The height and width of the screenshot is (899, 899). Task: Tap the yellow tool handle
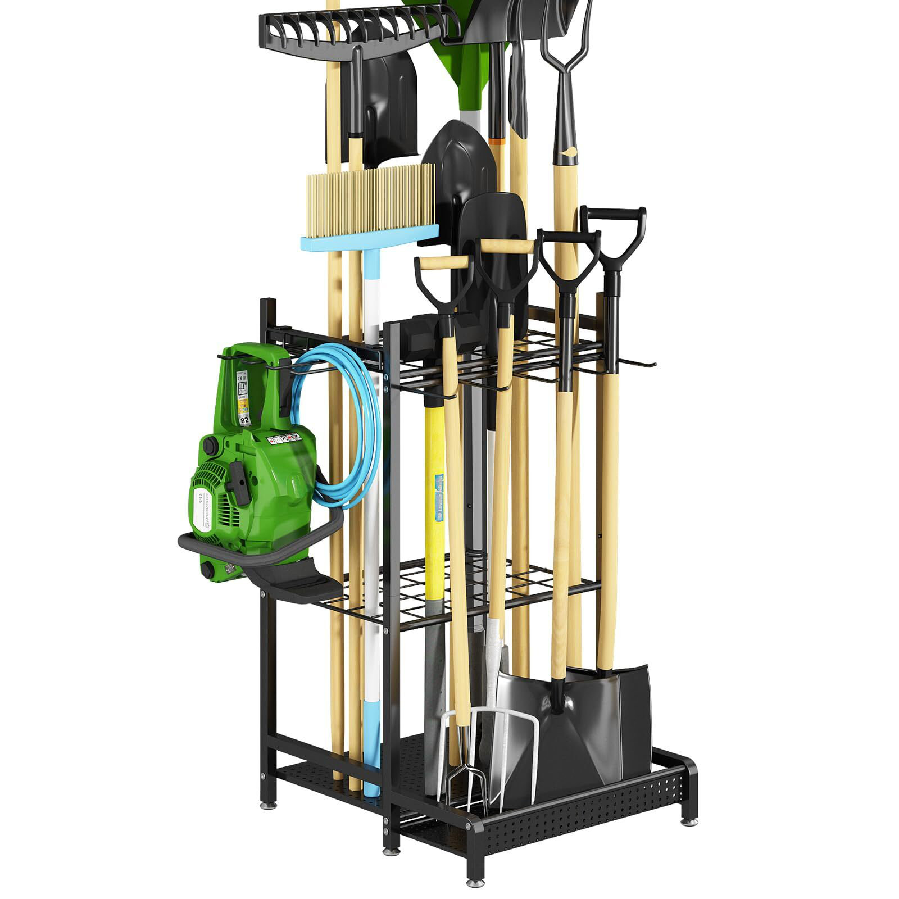pyautogui.click(x=435, y=506)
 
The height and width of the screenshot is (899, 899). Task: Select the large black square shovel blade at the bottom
pyautogui.click(x=607, y=725)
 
